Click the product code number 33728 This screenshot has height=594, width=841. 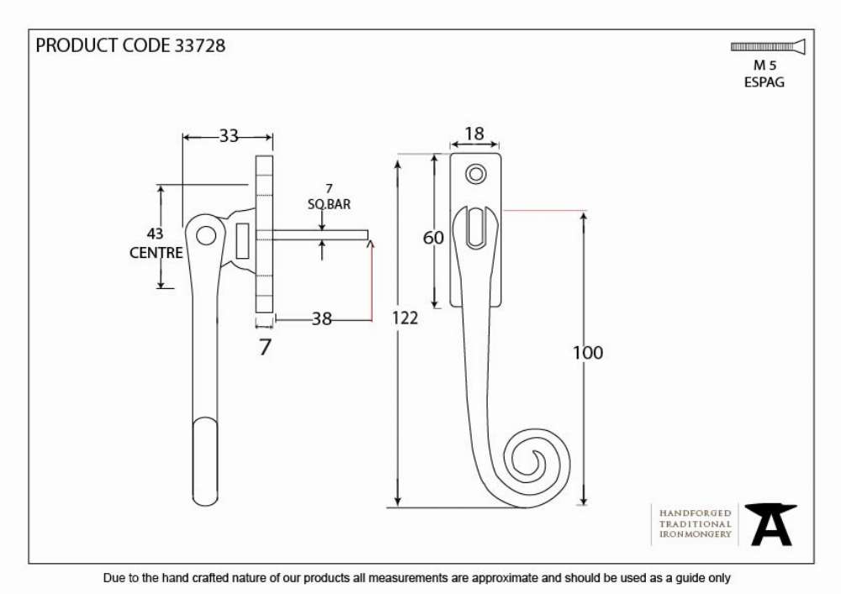(x=200, y=45)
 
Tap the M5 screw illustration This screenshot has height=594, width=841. (x=768, y=46)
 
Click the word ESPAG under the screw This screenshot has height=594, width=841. (x=764, y=82)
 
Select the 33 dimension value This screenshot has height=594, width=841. (x=229, y=136)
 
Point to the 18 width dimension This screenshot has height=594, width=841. (x=474, y=134)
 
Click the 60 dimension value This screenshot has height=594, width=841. (x=433, y=237)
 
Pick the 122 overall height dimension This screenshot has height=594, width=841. (x=405, y=318)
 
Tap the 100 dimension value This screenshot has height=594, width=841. (x=588, y=352)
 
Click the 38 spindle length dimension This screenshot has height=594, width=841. (x=322, y=319)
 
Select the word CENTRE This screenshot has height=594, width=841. (x=156, y=252)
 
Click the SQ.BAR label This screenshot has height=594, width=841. (x=329, y=204)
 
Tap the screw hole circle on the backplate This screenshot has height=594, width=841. (x=476, y=174)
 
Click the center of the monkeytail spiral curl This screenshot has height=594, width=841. (x=537, y=460)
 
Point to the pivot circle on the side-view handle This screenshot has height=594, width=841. (x=206, y=235)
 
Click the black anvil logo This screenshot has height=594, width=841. (x=770, y=524)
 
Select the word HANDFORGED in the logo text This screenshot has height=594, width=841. (x=696, y=513)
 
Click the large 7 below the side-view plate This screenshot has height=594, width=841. (x=265, y=347)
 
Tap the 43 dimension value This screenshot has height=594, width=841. (x=155, y=234)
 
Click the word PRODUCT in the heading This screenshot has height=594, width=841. (x=77, y=45)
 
